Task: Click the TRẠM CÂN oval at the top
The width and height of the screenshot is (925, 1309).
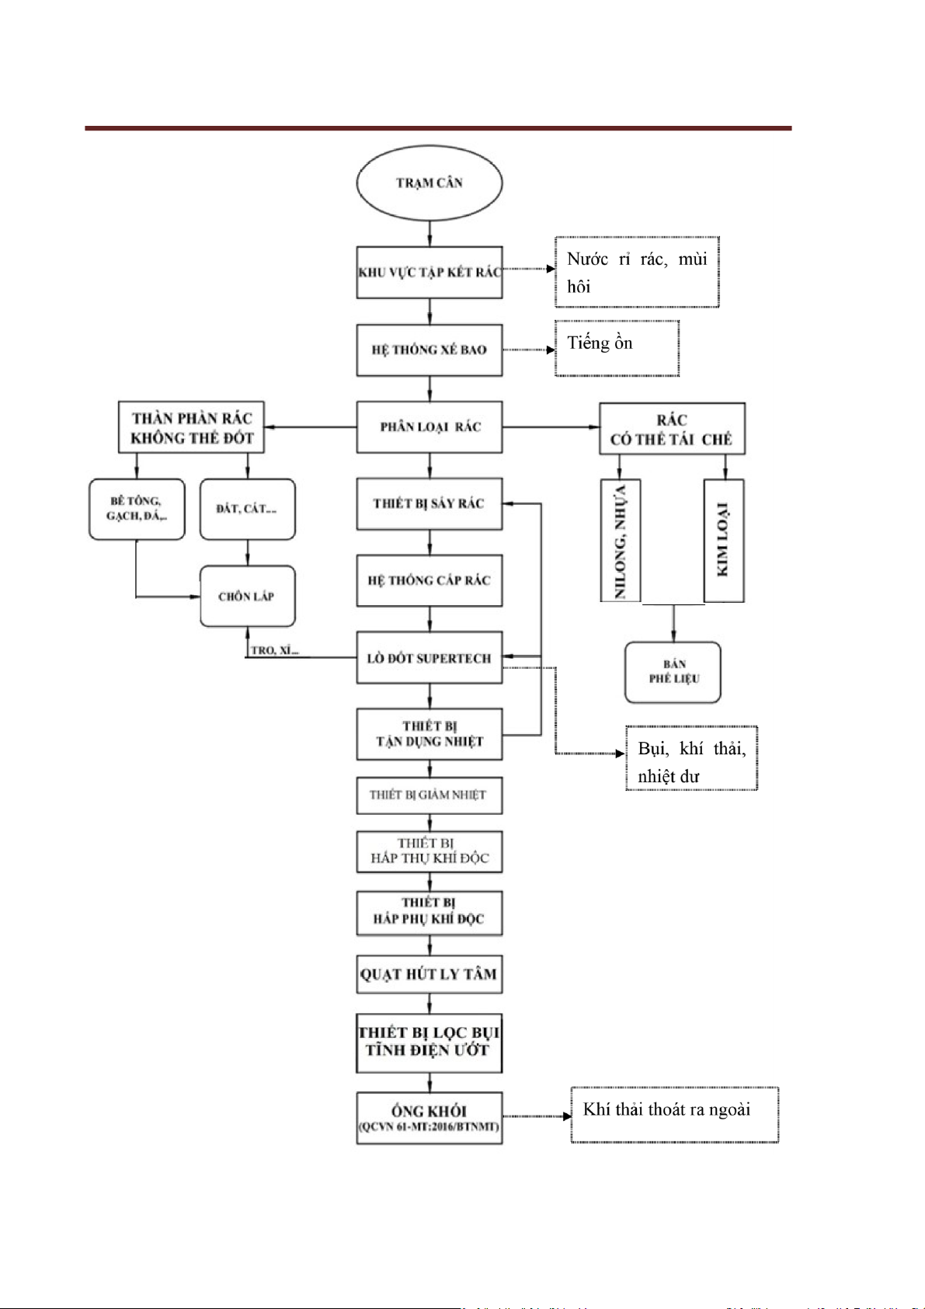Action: click(429, 183)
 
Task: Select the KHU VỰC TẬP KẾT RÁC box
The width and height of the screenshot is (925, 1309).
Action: click(429, 273)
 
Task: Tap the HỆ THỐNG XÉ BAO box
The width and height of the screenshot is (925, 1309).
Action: click(429, 350)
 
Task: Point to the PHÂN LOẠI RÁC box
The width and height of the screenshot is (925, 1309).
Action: click(429, 426)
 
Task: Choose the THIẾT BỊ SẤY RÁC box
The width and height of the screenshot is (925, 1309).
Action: click(429, 503)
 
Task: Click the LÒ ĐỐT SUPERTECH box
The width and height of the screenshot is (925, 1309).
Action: click(429, 658)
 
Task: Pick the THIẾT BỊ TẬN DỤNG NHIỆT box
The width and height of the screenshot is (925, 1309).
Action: click(429, 734)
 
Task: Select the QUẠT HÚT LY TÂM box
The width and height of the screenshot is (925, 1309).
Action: click(429, 974)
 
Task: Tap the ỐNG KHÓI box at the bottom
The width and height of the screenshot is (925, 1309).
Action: click(429, 1118)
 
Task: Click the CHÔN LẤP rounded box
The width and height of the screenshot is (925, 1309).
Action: click(247, 597)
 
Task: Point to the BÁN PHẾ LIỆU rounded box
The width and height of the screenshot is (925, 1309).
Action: click(673, 672)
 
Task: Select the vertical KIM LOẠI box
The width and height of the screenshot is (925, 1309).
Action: click(724, 541)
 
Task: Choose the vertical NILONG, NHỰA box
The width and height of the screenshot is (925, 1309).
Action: click(621, 541)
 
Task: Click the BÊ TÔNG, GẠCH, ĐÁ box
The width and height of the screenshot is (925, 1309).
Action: click(137, 509)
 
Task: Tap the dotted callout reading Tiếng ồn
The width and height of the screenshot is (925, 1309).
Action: click(617, 348)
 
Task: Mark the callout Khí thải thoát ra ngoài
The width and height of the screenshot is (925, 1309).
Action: click(674, 1115)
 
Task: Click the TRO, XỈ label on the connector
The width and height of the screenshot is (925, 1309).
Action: click(274, 650)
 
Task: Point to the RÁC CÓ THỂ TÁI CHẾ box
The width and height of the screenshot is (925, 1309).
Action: click(672, 429)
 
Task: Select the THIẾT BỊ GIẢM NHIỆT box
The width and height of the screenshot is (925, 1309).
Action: click(429, 795)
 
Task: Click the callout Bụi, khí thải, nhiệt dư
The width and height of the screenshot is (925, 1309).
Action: click(691, 758)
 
